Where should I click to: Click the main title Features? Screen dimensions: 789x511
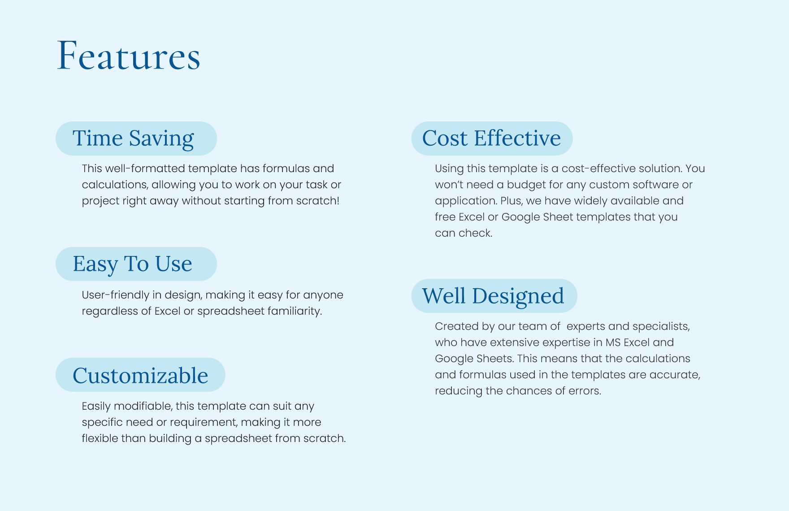129,56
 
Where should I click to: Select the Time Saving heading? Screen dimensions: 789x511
133,139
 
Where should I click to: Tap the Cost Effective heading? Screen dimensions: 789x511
491,138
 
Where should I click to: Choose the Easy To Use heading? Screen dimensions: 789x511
132,264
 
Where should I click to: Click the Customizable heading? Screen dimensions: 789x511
140,376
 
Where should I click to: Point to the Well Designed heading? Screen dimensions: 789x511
493,296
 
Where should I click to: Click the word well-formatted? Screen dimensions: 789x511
146,169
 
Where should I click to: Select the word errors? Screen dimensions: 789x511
585,391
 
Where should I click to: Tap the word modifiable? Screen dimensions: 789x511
143,406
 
